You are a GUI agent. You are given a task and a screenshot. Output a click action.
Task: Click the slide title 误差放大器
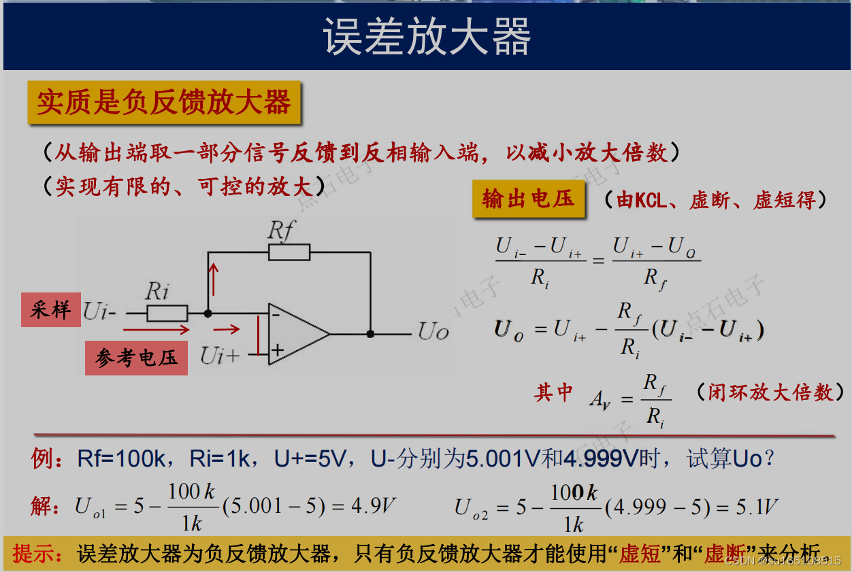427,37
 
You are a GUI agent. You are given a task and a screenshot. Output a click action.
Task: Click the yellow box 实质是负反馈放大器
164,103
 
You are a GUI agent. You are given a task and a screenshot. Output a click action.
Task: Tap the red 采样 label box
50,309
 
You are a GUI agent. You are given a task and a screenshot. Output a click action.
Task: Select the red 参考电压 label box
136,358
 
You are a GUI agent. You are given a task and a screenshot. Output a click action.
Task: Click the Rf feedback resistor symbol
289,252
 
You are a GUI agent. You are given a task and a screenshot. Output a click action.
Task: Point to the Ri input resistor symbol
167,314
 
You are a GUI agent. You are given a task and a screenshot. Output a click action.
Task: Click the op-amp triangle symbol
297,333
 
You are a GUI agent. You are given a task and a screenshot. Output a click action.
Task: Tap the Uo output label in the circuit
433,333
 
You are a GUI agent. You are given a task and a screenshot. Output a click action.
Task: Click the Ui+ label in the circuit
219,355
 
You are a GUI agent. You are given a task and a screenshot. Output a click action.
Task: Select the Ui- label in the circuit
100,313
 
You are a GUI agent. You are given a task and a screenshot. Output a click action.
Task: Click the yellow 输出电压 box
528,199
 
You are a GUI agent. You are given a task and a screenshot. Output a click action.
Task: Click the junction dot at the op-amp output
370,334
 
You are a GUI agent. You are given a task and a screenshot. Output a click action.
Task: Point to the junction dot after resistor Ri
208,314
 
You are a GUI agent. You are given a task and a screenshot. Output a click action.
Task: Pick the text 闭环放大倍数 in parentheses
770,392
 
